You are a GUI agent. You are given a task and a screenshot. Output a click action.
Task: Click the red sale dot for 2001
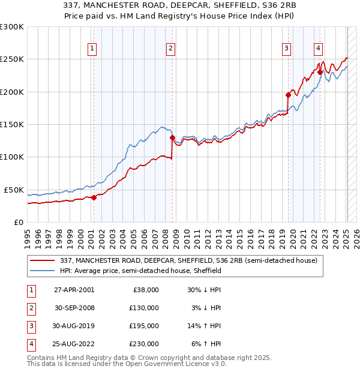[94, 197]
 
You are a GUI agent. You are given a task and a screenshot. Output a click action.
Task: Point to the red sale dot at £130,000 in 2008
[172, 137]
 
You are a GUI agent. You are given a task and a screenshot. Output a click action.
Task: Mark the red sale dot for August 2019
[288, 95]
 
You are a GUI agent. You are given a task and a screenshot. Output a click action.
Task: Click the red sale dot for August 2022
[320, 73]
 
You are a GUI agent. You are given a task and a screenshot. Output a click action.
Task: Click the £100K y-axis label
[12, 157]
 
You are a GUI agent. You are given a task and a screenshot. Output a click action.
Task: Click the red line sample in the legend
[43, 260]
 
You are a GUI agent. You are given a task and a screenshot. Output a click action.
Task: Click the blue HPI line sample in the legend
[43, 271]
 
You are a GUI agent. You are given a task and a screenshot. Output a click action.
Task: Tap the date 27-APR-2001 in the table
[74, 290]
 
